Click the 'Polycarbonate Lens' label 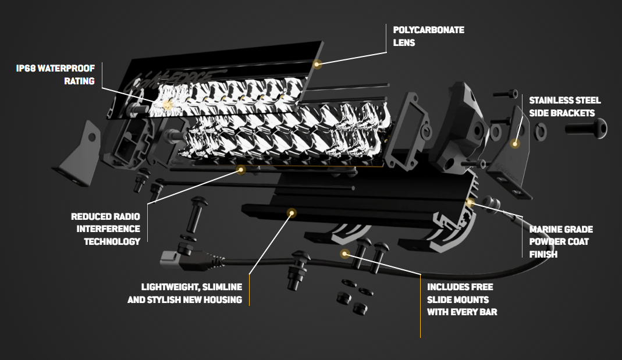[428, 36]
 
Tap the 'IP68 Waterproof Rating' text [55, 74]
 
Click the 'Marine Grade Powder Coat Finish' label [561, 241]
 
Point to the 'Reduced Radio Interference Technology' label [105, 229]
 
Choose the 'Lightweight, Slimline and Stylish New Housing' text [184, 293]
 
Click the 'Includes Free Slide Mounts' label [462, 300]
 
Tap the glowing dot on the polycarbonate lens [317, 63]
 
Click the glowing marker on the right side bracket [514, 143]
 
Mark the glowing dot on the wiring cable [345, 254]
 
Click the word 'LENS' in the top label [404, 42]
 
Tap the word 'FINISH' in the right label [543, 254]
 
